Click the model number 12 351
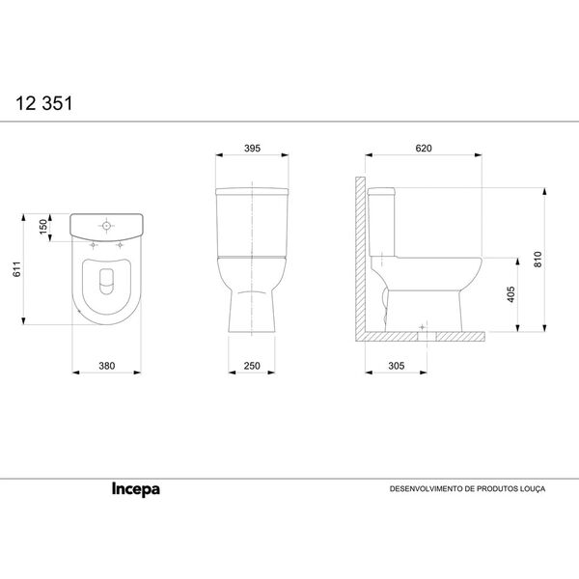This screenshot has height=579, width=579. (42, 99)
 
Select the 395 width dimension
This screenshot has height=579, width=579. (252, 149)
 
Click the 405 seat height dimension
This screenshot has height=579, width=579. (510, 294)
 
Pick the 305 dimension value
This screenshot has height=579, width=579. (396, 367)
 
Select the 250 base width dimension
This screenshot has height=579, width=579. (252, 367)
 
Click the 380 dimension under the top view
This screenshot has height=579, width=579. (107, 367)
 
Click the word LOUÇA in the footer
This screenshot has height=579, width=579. (532, 489)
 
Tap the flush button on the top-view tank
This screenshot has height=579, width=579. (107, 227)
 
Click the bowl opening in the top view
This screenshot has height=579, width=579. (107, 280)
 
